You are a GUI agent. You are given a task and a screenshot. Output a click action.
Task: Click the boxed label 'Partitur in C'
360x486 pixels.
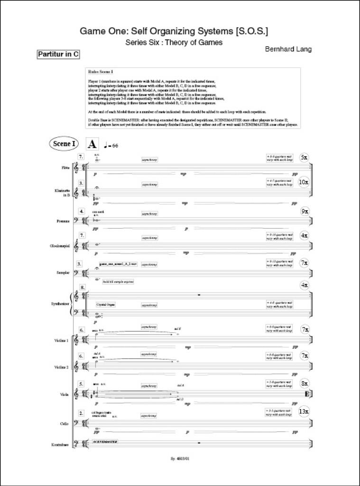pos(58,55)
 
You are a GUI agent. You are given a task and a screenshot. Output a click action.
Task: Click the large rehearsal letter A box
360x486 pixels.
pos(92,144)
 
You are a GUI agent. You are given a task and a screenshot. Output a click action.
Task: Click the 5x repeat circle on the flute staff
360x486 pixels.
pos(305,157)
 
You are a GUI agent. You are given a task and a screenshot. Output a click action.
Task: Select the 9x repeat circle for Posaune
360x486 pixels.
pos(305,211)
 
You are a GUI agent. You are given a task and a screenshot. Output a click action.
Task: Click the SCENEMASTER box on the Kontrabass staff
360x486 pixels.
pos(106,442)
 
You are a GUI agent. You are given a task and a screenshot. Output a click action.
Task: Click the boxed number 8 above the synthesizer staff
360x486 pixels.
pos(83,288)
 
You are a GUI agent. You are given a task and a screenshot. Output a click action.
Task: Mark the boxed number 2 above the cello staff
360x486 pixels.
pos(82,413)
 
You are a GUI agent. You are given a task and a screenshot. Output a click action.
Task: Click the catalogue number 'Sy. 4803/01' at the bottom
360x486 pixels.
pos(180,459)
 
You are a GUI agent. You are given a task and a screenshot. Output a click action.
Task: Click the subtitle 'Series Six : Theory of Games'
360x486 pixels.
pos(174,42)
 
